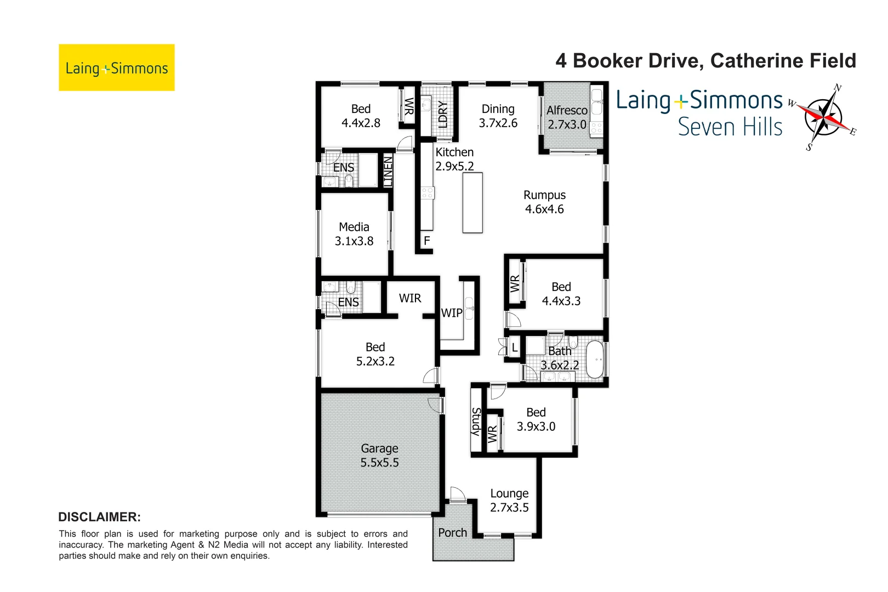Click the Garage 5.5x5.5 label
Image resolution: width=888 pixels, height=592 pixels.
[x=379, y=456]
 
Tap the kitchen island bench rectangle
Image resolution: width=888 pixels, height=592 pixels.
[x=473, y=203]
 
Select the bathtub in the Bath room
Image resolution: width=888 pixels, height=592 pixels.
[x=595, y=360]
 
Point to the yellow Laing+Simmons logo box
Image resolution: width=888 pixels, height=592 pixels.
[x=117, y=67]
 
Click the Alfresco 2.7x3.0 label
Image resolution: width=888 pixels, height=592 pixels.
[x=567, y=117]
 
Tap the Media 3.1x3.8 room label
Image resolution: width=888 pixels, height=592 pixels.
[x=354, y=234]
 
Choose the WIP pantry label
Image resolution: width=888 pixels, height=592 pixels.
[x=452, y=313]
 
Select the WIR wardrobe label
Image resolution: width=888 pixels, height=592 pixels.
[x=410, y=298]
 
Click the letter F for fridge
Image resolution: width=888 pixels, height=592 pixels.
[x=426, y=241]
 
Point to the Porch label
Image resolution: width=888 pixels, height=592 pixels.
[x=452, y=533]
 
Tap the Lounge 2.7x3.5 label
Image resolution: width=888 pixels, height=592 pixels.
[x=509, y=500]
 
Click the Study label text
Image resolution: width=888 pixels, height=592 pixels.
[x=476, y=422]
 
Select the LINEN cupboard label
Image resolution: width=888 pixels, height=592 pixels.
[x=388, y=171]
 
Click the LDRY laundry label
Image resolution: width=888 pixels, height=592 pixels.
[x=443, y=113]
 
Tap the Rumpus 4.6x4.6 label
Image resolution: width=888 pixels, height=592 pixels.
[x=544, y=202]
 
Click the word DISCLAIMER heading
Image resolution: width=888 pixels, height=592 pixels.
[x=99, y=517]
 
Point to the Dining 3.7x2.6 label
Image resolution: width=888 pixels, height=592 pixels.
[x=498, y=116]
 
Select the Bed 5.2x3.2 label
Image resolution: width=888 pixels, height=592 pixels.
[x=375, y=354]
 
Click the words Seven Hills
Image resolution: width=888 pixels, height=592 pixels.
[x=730, y=127]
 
